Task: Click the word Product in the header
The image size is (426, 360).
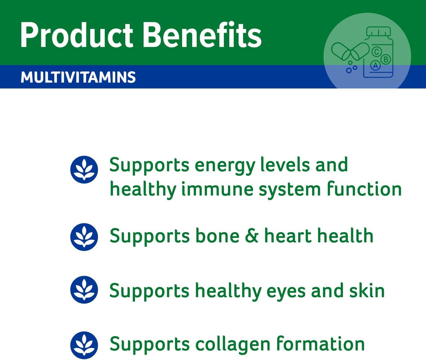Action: (77, 35)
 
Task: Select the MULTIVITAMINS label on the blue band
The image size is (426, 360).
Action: (78, 77)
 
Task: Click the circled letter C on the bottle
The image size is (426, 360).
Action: (377, 52)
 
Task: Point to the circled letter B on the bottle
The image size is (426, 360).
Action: (386, 60)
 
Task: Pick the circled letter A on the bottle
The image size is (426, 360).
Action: (375, 66)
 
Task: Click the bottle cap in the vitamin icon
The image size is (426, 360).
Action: (379, 31)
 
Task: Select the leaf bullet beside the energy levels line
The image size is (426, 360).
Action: (84, 170)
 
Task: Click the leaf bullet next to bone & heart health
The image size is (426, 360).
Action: (84, 237)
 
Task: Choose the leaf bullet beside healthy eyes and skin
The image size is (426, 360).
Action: (84, 290)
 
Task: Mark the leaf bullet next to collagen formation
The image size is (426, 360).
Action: (84, 345)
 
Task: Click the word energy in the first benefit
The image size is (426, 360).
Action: (225, 166)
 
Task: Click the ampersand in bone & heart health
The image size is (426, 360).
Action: (252, 236)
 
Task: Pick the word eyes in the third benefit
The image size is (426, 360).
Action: (286, 292)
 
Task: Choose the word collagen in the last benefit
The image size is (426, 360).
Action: (233, 345)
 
